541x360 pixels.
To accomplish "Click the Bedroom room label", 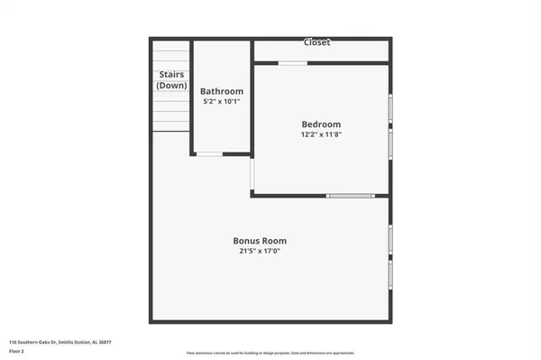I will point(321,124).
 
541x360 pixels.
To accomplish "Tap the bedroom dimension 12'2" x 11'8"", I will point(321,134).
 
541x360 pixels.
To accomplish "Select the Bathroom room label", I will point(221,91).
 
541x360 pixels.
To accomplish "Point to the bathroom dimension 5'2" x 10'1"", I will point(221,101).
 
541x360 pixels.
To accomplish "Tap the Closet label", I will point(316,42).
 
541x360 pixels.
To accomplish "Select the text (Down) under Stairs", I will point(171,85).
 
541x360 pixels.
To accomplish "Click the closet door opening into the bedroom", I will point(291,63).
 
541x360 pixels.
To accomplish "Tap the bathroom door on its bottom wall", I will point(209,154).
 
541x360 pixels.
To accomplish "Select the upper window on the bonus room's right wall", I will point(390,239).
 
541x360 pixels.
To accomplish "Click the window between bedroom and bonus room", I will point(350,196).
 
